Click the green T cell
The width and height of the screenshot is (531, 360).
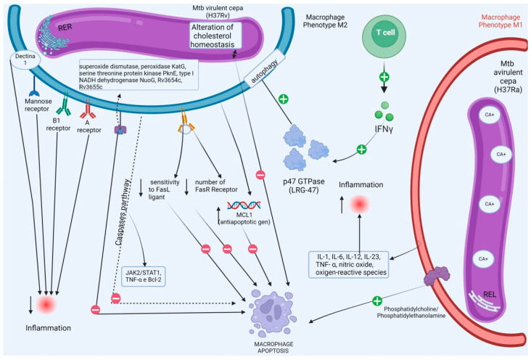[x=384, y=35]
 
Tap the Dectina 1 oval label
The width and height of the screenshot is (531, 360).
[x=25, y=60]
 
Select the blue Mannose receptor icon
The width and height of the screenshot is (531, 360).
[x=34, y=93]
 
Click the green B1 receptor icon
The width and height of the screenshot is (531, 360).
[x=64, y=106]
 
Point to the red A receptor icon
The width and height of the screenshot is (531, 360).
[x=88, y=109]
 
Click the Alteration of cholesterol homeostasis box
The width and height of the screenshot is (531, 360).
[x=215, y=36]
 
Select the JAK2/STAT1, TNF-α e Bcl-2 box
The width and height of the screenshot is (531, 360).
[x=143, y=277]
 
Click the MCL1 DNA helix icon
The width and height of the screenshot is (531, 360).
[x=244, y=205]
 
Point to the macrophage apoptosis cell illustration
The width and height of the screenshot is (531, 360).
[x=273, y=313]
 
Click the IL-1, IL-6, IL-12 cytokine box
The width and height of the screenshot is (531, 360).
[x=349, y=264]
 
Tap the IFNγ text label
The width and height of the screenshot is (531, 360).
[x=384, y=129]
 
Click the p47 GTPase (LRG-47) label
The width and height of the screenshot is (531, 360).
[x=304, y=186]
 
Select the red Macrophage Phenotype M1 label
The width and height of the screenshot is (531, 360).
[x=501, y=21]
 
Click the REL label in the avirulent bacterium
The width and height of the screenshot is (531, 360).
[x=490, y=294]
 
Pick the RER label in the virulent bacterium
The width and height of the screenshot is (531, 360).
[x=65, y=27]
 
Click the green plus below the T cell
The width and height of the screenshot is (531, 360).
[x=384, y=77]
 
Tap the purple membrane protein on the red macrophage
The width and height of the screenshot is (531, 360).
[x=437, y=276]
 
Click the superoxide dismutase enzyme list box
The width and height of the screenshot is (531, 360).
[x=139, y=75]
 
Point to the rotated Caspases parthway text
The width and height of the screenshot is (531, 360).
[x=123, y=212]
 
